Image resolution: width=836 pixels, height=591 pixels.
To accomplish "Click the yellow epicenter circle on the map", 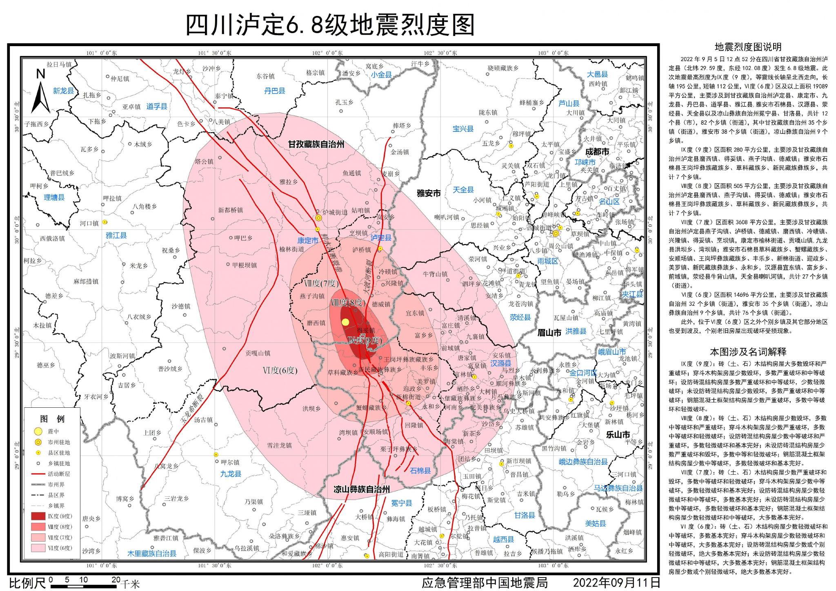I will click(345, 322).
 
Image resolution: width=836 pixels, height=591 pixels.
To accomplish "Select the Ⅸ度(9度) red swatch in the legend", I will click(38, 516).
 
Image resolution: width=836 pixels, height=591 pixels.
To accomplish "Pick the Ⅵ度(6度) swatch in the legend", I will click(38, 548).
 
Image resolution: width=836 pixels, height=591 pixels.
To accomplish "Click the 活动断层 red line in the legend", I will click(38, 474).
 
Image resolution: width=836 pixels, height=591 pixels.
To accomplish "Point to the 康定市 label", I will click(307, 240).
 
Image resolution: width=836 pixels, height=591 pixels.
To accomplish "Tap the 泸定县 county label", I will click(381, 238).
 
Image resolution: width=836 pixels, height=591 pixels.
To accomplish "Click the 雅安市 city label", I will click(429, 193).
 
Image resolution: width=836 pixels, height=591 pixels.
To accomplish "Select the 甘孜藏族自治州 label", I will click(316, 144).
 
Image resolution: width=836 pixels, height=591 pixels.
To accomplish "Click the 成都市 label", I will click(597, 152).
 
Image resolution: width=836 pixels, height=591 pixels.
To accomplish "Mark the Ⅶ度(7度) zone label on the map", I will click(322, 283).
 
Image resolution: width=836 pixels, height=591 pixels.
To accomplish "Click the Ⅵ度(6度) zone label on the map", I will click(280, 370).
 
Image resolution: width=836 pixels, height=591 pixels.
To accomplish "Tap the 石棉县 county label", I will click(420, 471).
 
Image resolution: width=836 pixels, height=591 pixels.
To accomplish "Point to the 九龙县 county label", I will click(231, 474).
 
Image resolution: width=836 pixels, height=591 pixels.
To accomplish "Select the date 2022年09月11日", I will click(616, 582).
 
